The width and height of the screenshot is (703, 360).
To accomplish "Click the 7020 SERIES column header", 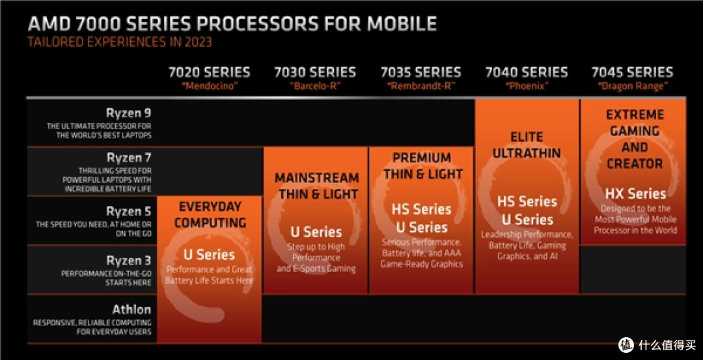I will [209, 72].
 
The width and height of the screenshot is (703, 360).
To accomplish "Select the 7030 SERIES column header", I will [315, 72].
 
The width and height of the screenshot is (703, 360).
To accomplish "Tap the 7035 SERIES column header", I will [420, 72].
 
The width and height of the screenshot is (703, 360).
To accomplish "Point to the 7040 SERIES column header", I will [527, 72].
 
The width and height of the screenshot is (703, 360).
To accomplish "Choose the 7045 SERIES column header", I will [632, 72].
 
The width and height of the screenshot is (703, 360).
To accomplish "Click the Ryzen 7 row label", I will [128, 158].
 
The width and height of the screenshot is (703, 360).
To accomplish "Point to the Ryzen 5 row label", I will [128, 212].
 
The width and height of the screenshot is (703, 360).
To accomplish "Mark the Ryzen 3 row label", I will [128, 260].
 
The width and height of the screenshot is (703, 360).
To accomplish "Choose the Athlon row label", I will [131, 310].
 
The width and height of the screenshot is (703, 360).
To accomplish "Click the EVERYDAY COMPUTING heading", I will [210, 215].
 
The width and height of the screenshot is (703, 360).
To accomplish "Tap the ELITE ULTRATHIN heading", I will [527, 145].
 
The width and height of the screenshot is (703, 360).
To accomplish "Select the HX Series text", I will [635, 194].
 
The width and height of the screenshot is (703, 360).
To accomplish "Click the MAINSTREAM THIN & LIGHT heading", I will [316, 186].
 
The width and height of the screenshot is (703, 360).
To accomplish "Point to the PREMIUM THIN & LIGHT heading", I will [422, 166].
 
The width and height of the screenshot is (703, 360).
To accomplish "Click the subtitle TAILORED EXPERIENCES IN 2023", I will [119, 42].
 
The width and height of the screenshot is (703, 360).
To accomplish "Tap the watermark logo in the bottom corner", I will [626, 345].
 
